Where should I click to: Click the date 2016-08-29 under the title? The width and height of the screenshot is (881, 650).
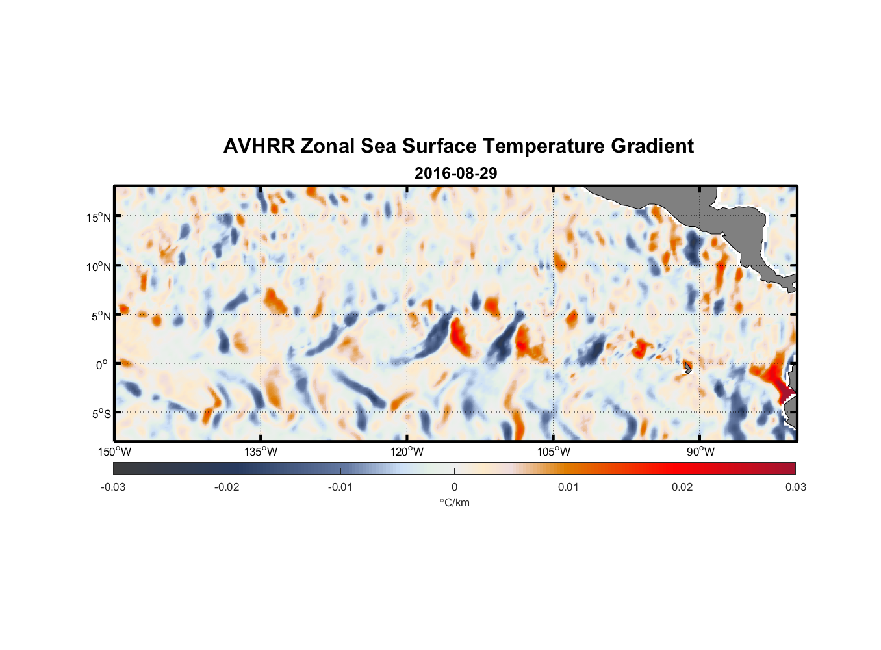(x=455, y=174)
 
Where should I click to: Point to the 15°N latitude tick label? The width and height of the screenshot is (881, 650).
(x=99, y=217)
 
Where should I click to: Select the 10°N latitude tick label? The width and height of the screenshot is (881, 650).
(x=99, y=266)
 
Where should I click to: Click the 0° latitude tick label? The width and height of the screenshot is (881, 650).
(x=102, y=365)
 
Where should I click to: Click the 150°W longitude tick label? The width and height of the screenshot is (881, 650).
(x=114, y=452)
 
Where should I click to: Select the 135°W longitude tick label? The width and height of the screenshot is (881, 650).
(x=261, y=452)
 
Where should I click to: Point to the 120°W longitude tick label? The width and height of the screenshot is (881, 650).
(x=407, y=452)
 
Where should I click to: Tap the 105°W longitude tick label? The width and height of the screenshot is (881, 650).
(x=554, y=452)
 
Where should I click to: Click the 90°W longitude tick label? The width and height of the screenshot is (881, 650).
(x=700, y=452)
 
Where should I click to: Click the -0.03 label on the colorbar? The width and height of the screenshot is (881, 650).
(x=113, y=487)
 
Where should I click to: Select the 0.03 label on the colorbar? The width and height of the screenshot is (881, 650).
(x=795, y=487)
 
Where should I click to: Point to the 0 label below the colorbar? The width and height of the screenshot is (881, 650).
(x=454, y=487)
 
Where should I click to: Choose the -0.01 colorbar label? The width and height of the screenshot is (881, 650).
(x=340, y=487)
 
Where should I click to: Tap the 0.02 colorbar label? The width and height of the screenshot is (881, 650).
(x=682, y=487)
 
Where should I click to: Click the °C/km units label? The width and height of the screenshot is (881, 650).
(x=455, y=502)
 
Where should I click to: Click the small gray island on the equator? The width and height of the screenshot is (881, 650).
(x=687, y=368)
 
